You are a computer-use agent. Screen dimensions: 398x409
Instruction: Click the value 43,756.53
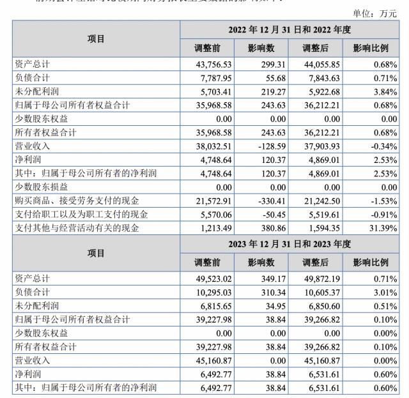pyautogui.click(x=212, y=65)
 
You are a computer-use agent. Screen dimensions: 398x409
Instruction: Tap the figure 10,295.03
pyautogui.click(x=212, y=292)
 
